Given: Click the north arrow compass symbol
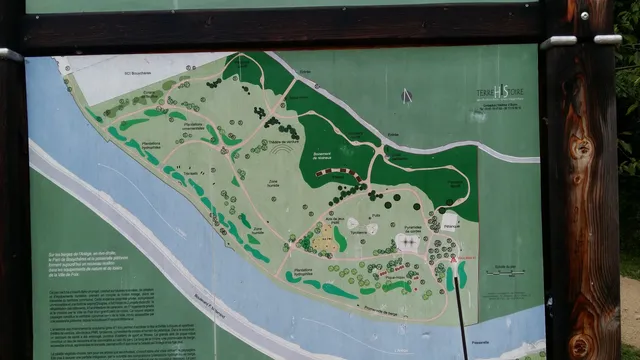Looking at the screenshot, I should [405, 96].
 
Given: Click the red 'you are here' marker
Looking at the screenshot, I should [453, 258].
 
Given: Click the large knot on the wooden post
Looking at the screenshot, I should [580, 149].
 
